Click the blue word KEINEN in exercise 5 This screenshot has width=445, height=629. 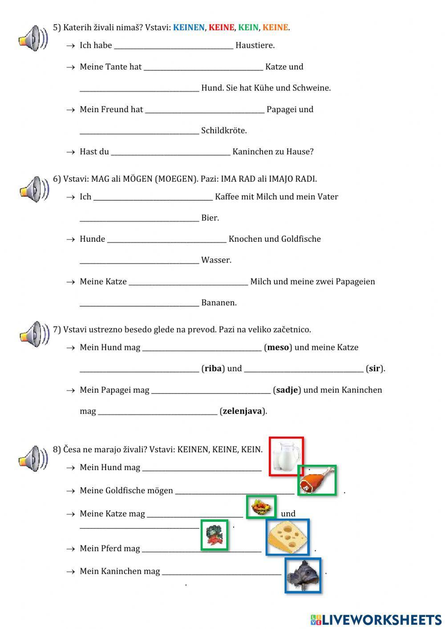point(189,28)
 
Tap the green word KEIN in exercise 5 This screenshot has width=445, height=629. point(248,28)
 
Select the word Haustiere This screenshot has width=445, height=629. point(255,45)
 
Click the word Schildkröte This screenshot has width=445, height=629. point(223,131)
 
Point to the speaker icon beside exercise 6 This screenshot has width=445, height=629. point(34,189)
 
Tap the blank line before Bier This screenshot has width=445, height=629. point(139,218)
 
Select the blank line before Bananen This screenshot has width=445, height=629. point(139,303)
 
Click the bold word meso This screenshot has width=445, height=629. point(278,348)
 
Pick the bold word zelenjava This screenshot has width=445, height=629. point(242,411)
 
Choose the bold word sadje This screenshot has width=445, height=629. point(287,390)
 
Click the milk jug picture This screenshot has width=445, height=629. point(286,456)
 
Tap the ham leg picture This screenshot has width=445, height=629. point(317,480)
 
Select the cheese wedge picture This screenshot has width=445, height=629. point(287,537)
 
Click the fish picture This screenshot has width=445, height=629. point(303,575)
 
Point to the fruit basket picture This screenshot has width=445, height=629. point(261,507)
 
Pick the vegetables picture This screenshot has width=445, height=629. point(214,535)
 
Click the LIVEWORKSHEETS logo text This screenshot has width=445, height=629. point(381,619)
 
